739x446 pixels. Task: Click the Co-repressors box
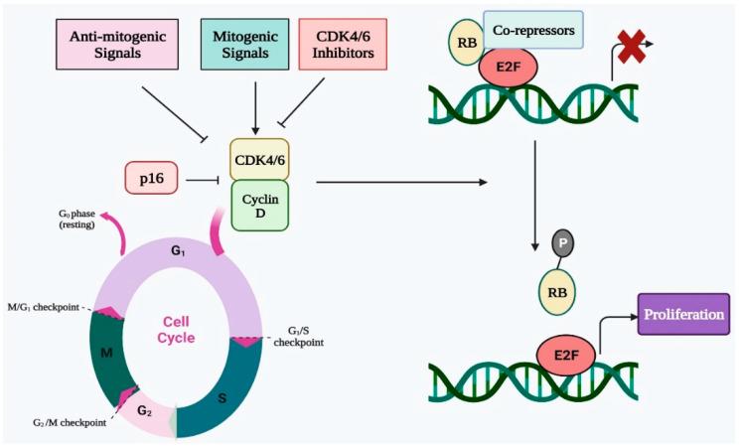click(532, 29)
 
